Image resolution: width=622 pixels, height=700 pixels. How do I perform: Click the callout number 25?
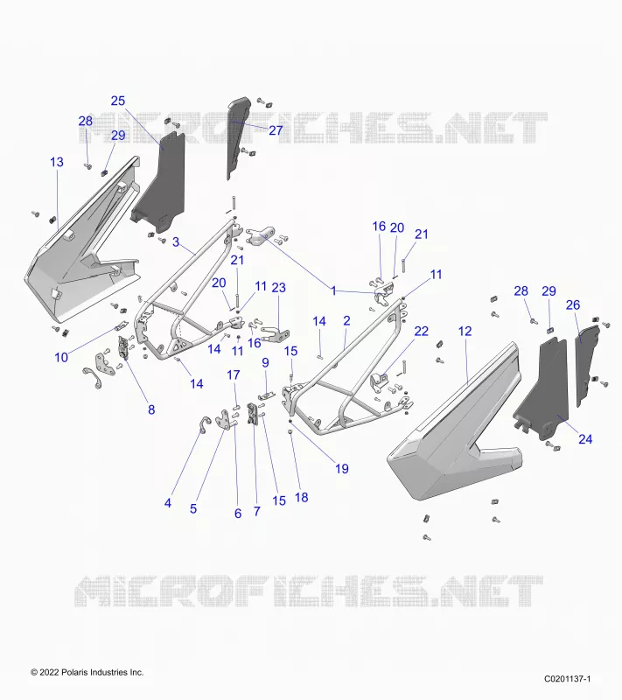pyautogui.click(x=118, y=101)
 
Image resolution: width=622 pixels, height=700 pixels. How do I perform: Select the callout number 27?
pyautogui.click(x=276, y=129)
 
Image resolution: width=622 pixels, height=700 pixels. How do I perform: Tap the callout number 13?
pyautogui.click(x=57, y=162)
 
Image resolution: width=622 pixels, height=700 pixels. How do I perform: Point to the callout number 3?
pyautogui.click(x=176, y=242)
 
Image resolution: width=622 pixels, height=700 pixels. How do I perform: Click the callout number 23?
pyautogui.click(x=278, y=288)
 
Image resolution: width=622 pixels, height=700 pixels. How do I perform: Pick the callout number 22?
pyautogui.click(x=421, y=332)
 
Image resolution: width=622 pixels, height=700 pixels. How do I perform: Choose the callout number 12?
pyautogui.click(x=465, y=332)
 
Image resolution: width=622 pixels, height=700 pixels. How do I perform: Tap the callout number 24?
pyautogui.click(x=585, y=439)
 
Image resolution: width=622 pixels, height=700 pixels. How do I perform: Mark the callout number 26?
pyautogui.click(x=573, y=304)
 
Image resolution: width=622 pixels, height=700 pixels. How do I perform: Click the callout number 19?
pyautogui.click(x=342, y=469)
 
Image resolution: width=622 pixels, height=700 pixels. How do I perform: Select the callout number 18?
pyautogui.click(x=302, y=497)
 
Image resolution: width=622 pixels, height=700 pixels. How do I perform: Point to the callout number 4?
pyautogui.click(x=168, y=503)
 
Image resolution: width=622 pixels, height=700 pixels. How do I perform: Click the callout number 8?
pyautogui.click(x=151, y=409)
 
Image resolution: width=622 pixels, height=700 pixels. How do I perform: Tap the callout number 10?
pyautogui.click(x=61, y=357)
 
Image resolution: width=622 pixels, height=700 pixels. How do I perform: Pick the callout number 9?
pyautogui.click(x=265, y=362)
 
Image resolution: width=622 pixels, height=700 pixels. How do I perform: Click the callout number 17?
pyautogui.click(x=234, y=375)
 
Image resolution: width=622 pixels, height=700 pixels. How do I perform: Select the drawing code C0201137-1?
pyautogui.click(x=567, y=679)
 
